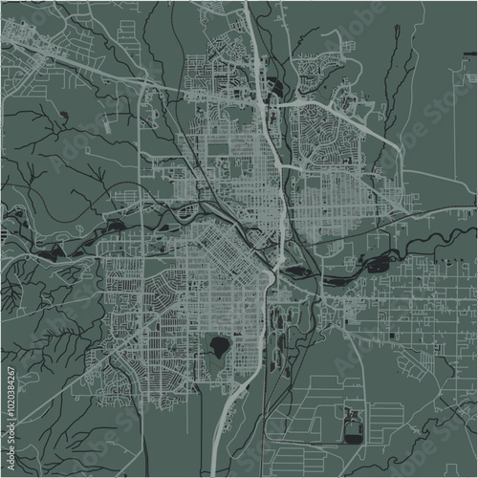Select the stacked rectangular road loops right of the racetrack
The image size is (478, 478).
(x=387, y=421)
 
